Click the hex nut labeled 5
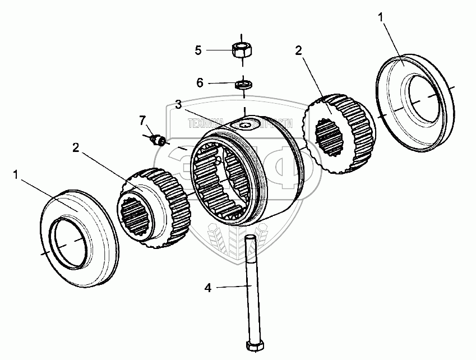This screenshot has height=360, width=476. click(x=242, y=49)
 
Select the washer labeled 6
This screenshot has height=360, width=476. click(x=244, y=85)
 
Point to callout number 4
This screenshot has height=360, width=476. click(x=208, y=288)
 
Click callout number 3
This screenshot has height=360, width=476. click(x=178, y=104)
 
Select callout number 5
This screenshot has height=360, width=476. click(x=197, y=50)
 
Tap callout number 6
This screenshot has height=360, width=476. click(x=200, y=83)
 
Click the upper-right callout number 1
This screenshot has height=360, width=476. click(x=381, y=18)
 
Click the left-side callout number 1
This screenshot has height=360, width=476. click(x=16, y=176)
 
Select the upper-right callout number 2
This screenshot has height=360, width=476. click(x=298, y=50)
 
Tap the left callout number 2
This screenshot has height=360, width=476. click(x=76, y=147)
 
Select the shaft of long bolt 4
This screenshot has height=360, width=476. click(x=250, y=286)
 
